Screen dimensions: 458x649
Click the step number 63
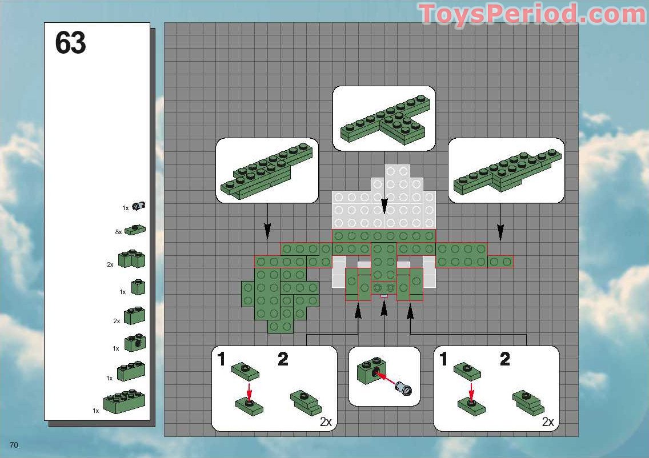coord(71,43)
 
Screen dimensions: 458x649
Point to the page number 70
coord(14,445)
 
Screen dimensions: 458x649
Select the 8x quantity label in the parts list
coord(118,232)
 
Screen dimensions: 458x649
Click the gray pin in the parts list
coord(138,206)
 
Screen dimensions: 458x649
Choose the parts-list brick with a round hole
coord(135,343)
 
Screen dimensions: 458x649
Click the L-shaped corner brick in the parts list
coord(132,259)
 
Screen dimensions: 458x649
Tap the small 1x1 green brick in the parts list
coord(138,287)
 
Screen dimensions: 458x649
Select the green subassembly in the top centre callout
coord(384,122)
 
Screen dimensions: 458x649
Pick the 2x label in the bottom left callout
coord(326,423)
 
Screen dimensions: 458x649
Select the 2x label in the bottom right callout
coord(547,423)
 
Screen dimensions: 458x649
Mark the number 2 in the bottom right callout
coord(504,359)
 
